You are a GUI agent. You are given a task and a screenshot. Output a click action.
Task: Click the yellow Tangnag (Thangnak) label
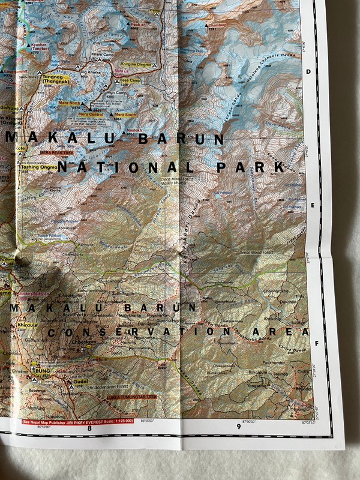click(x=55, y=79)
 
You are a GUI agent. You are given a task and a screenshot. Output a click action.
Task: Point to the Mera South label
click(x=126, y=114)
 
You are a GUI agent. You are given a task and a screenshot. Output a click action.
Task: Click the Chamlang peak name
click(x=218, y=25)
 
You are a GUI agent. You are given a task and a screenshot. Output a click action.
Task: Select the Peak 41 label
click(x=139, y=25)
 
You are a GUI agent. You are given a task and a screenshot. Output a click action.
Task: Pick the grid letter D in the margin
click(x=308, y=71)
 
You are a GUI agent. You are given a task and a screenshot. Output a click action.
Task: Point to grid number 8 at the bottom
click(x=89, y=428)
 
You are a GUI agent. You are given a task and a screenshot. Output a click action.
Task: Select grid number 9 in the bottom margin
click(x=239, y=427)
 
